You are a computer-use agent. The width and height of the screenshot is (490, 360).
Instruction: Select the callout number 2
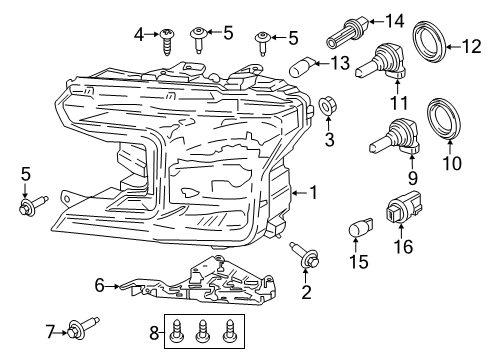pos(307,293)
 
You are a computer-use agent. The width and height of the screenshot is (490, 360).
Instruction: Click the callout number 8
pos(153,332)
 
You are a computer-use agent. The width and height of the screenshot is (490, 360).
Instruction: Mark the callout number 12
pos(470,44)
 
